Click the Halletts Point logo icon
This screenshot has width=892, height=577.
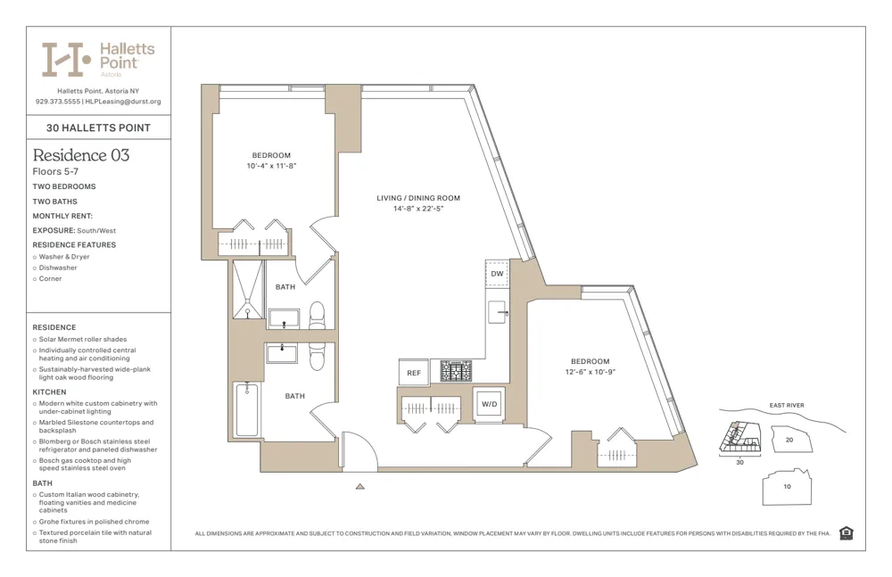tap(67, 59)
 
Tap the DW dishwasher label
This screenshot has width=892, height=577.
tap(497, 274)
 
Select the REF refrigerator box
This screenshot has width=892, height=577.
tap(414, 373)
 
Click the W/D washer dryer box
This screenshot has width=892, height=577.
tap(490, 403)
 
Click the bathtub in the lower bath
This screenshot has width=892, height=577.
tap(247, 409)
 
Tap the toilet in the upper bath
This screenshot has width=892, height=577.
tap(317, 315)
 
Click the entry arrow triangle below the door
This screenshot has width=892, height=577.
tap(359, 487)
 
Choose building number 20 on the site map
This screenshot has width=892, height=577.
tap(789, 440)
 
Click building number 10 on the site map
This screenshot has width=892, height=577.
tap(786, 486)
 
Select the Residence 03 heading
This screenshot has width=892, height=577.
tap(81, 155)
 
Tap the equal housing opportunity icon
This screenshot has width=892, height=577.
tap(846, 533)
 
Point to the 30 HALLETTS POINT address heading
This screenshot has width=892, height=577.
tap(98, 128)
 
